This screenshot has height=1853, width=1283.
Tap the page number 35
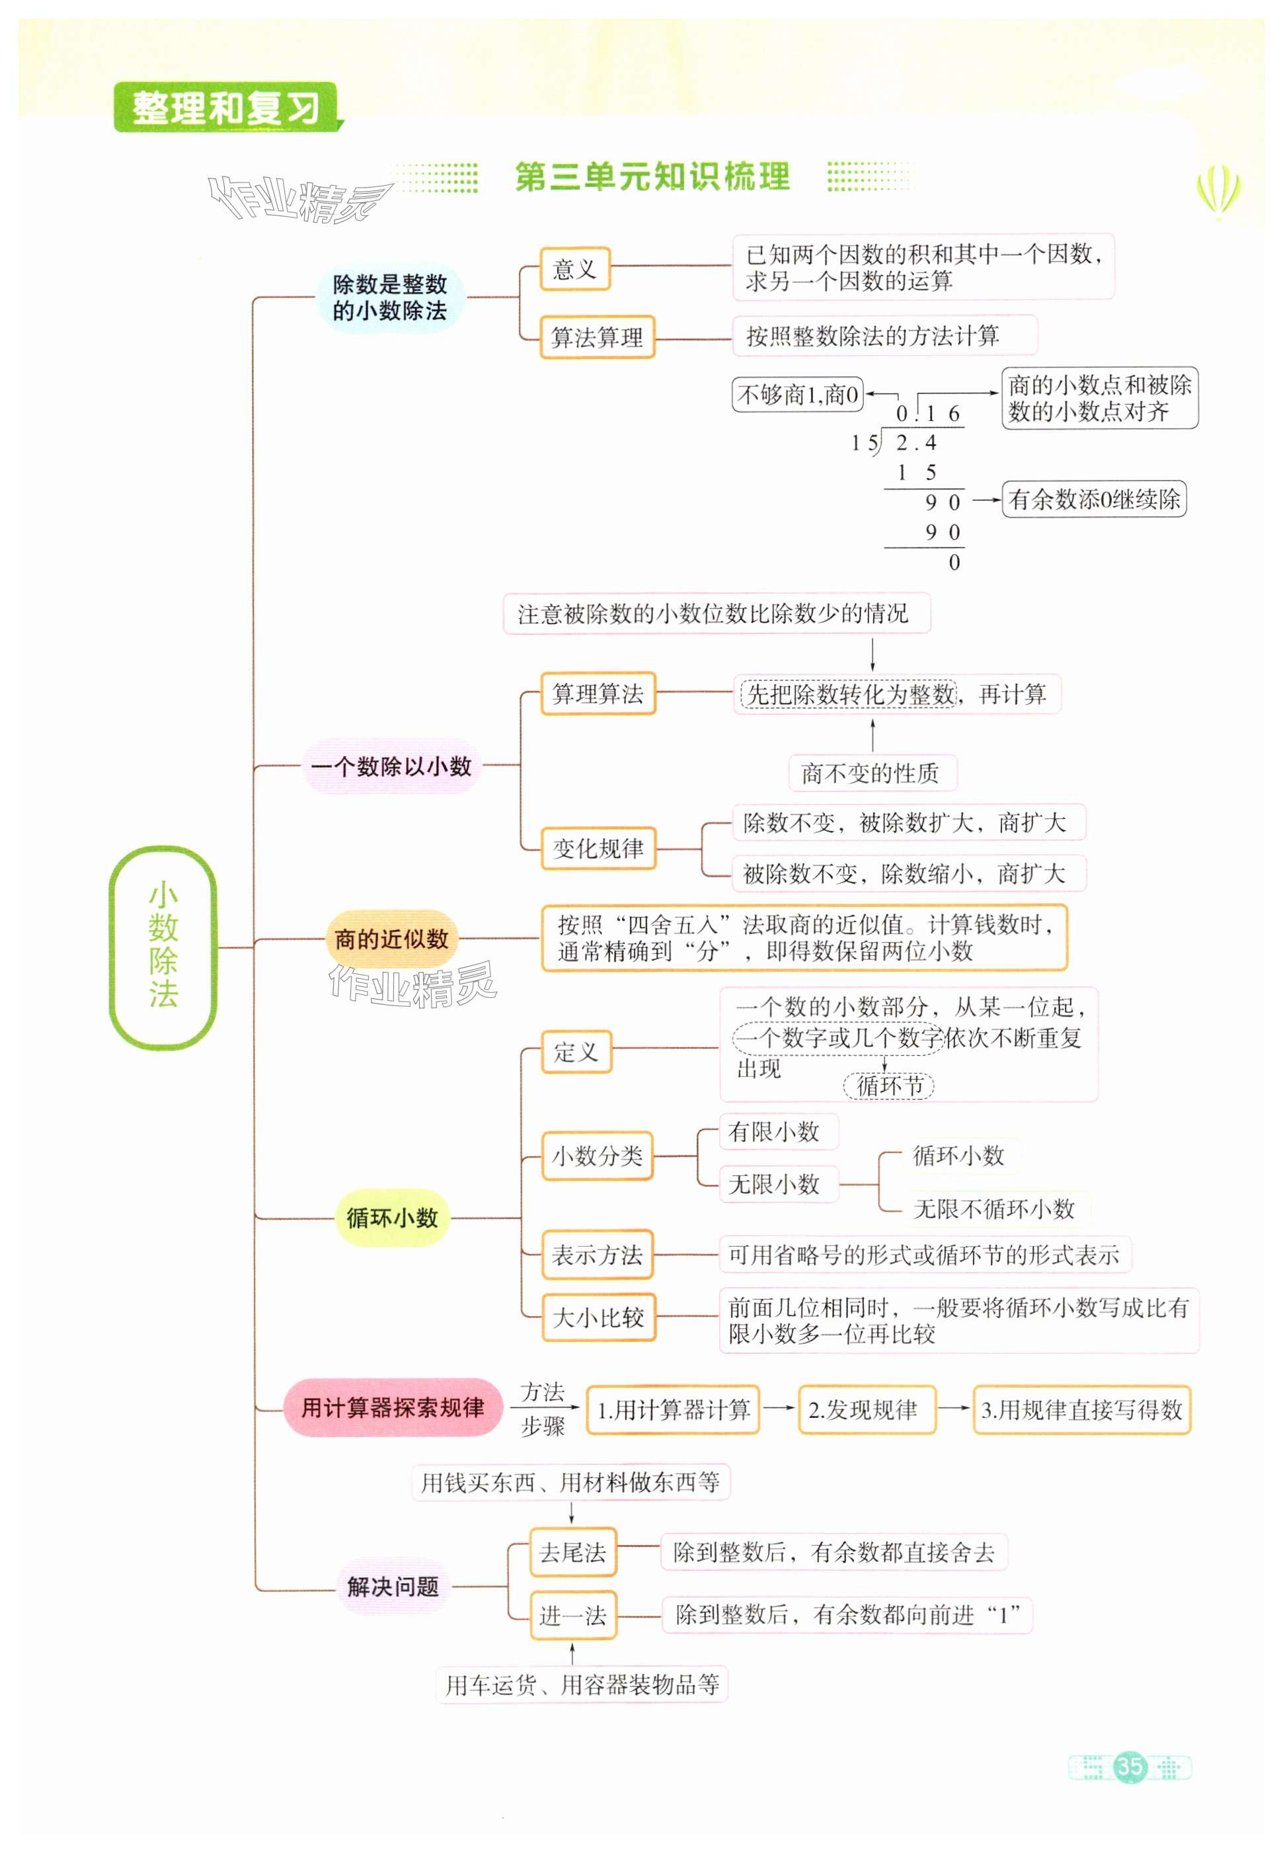[x=1130, y=1766]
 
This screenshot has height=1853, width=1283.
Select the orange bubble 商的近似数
[x=391, y=938]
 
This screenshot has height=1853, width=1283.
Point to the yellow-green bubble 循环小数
[x=391, y=1217]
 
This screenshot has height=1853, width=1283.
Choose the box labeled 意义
[x=575, y=268]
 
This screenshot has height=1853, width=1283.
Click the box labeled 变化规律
[x=598, y=848]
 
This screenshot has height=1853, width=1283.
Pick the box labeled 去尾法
[x=572, y=1552]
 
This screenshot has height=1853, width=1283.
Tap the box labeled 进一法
[x=572, y=1615]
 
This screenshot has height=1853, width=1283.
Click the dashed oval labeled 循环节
[x=888, y=1086]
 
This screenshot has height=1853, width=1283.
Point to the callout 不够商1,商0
[x=797, y=395]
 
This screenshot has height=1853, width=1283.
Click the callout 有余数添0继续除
[x=1093, y=499]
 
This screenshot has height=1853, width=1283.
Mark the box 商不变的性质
[x=873, y=773]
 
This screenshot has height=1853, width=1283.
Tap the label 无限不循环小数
[x=993, y=1208]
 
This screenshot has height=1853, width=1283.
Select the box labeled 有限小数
[x=773, y=1132]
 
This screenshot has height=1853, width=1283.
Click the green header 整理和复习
[x=226, y=108]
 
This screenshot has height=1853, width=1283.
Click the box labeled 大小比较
[x=598, y=1317]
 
